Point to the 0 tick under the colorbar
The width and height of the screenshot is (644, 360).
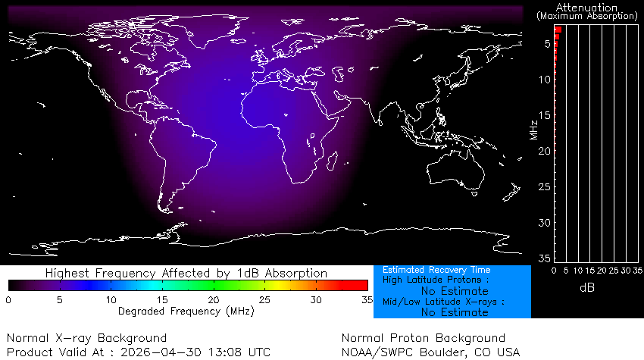point(8,300)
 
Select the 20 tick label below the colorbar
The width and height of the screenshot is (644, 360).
point(213,300)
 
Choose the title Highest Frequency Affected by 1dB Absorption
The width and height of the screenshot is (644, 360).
point(186,273)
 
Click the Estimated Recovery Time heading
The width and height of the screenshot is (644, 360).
point(436,270)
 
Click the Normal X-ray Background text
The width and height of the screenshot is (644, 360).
point(86,338)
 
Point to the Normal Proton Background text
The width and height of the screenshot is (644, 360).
point(423,338)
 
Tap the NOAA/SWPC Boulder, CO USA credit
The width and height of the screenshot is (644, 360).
point(431,352)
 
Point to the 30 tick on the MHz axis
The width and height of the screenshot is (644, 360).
point(545,223)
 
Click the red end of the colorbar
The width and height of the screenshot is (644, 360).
point(362,285)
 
